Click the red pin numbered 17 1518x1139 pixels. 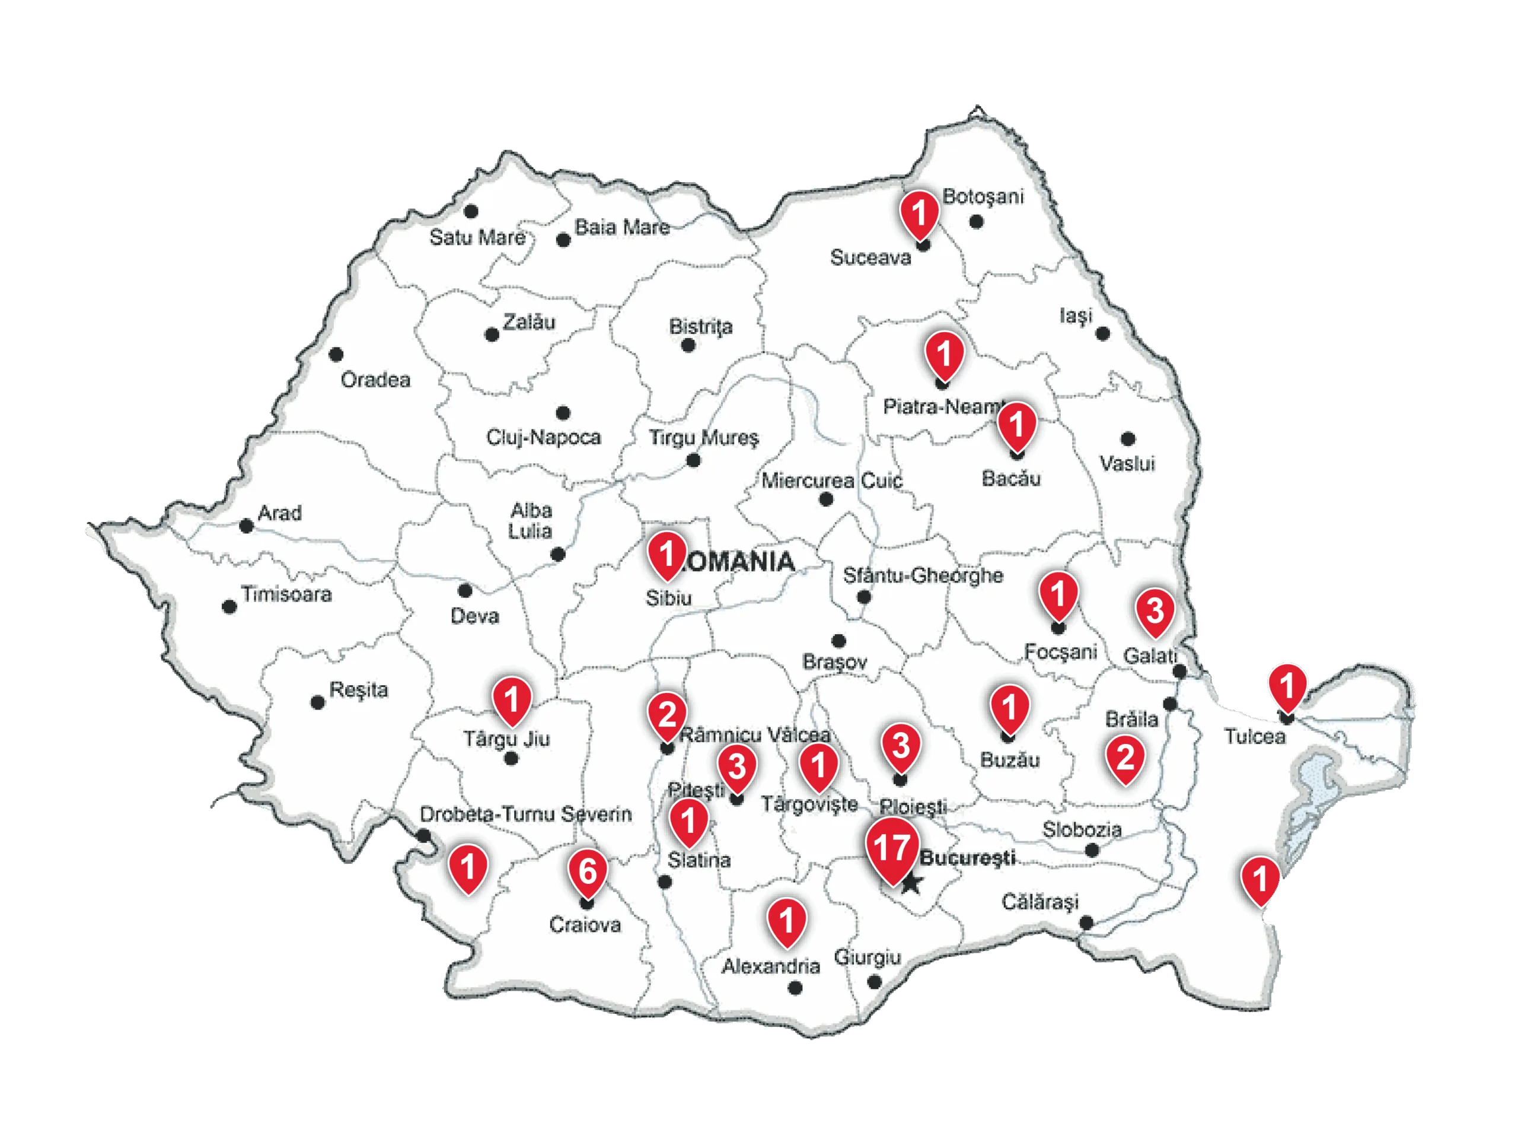coord(891,848)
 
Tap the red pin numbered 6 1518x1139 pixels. coord(588,871)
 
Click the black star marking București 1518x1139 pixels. coord(911,883)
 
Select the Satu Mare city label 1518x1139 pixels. coord(477,237)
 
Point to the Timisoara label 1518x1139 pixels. coord(286,594)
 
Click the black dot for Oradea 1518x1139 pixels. coord(336,355)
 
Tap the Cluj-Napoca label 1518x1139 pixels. coord(544,437)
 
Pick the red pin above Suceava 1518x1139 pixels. coord(919,213)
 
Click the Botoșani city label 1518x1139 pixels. coord(983,196)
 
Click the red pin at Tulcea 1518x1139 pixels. coord(1287,686)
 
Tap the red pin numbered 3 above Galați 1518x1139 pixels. coord(1155,610)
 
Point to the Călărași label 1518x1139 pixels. coord(1039,902)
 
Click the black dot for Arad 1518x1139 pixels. coord(246,527)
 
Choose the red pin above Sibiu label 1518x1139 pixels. coord(666,553)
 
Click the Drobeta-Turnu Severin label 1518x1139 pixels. coord(526,815)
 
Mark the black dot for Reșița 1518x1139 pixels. coord(318,703)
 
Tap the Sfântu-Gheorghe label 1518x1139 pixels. coord(923,575)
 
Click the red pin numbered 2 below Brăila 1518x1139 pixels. coord(1125,758)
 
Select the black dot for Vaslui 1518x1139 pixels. coord(1128,439)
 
